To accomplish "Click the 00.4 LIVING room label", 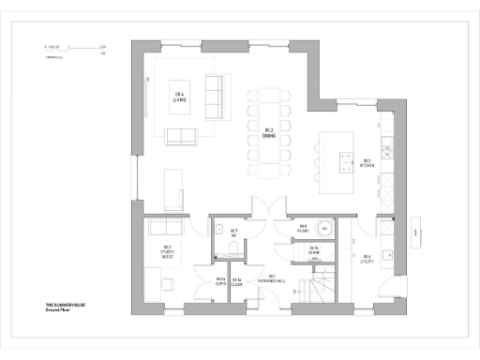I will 179,96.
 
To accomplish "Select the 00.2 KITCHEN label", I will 367,162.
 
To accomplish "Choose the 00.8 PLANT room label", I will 303,228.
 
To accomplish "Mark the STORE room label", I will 303,250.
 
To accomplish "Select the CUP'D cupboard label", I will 221,280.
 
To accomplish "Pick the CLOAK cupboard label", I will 238,280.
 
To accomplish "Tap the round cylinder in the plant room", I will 324,229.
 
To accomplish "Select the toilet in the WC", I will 217,230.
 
